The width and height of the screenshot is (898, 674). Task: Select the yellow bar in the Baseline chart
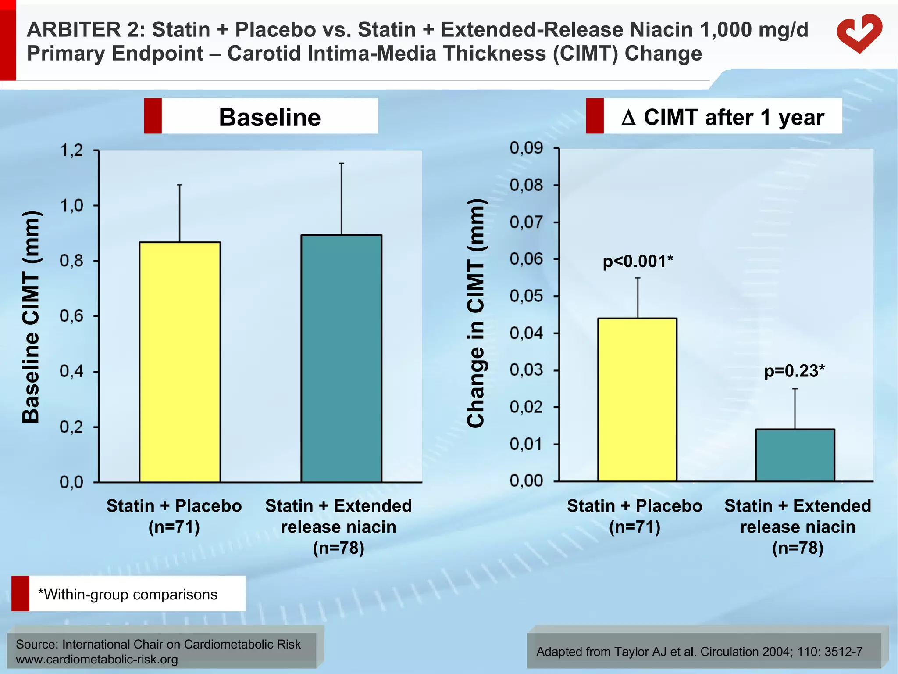coord(180,362)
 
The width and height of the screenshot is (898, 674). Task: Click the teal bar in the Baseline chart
coord(341,359)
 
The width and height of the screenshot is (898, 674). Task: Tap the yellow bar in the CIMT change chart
coord(637,399)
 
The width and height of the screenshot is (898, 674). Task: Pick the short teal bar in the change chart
coord(795,455)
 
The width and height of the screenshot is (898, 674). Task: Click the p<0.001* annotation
coord(638,262)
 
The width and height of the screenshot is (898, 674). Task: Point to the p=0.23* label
coord(794,371)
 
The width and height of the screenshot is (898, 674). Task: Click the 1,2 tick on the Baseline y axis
coord(71,151)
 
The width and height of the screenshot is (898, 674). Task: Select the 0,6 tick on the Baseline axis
coord(71,316)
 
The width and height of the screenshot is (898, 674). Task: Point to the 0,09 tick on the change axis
coord(526,148)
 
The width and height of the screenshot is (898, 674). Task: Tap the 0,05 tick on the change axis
coord(526,296)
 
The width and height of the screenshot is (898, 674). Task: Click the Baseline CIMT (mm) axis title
coord(32,317)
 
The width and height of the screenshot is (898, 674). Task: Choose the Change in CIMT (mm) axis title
coord(476,313)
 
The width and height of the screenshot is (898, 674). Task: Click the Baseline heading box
coord(269,117)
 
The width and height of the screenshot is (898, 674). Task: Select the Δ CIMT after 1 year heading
coord(722,117)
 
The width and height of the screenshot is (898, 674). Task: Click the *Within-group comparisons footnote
coord(128,594)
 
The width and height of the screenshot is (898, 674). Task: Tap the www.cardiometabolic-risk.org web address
coord(97,660)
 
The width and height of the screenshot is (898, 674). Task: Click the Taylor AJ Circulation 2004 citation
coord(699,652)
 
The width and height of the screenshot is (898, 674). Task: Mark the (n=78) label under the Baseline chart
coord(339,548)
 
